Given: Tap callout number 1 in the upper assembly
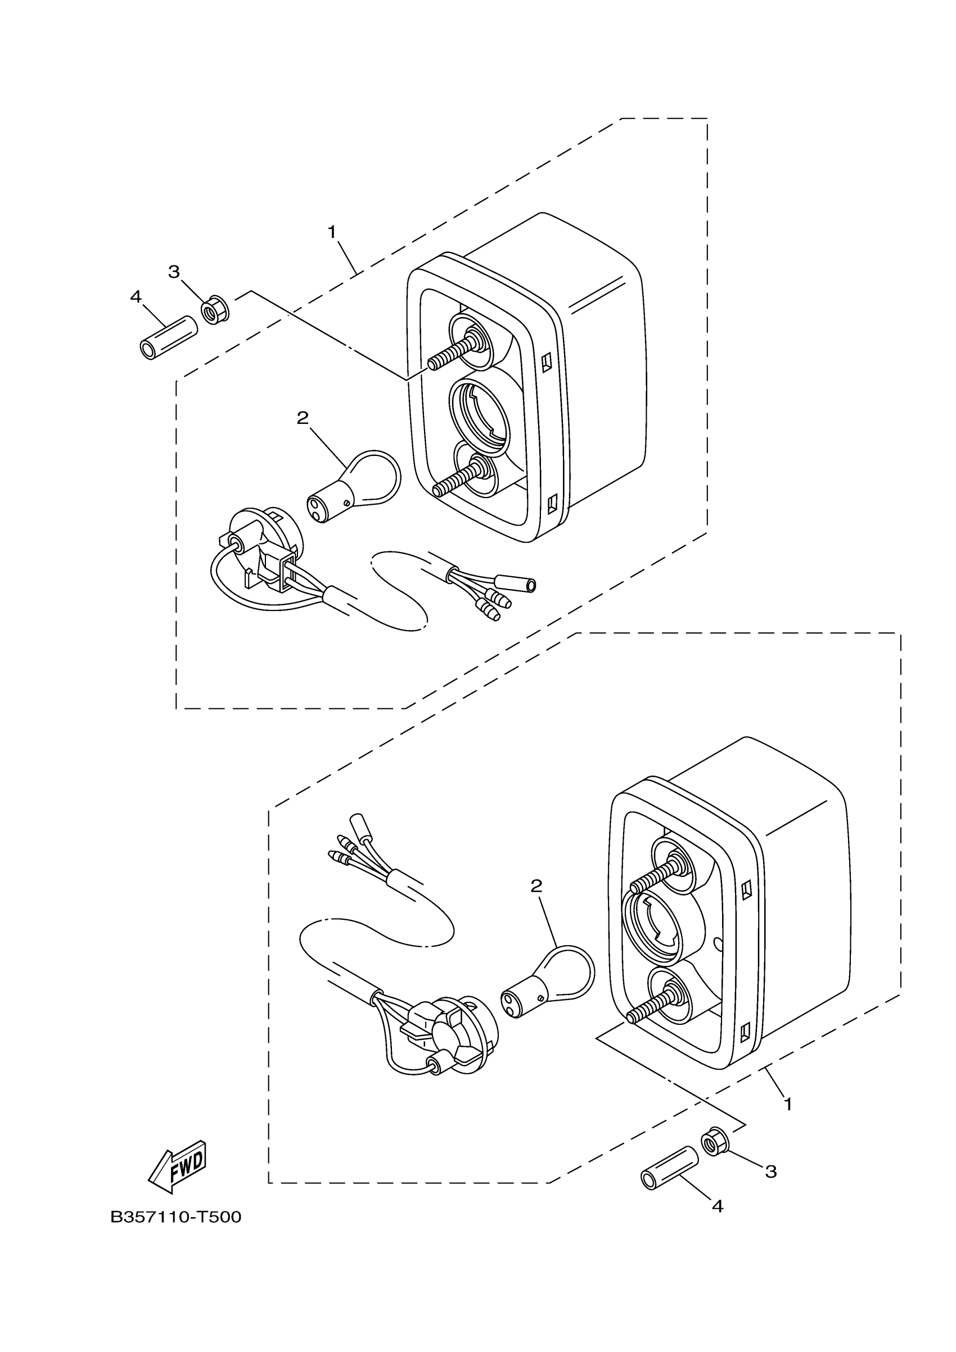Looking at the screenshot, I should pyautogui.click(x=332, y=232).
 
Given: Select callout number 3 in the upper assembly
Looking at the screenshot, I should pyautogui.click(x=174, y=272).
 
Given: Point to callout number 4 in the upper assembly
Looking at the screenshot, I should pyautogui.click(x=136, y=296).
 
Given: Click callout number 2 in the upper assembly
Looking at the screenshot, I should pyautogui.click(x=302, y=418).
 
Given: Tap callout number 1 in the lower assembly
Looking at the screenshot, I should pyautogui.click(x=787, y=1104).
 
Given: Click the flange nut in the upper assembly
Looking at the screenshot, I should pyautogui.click(x=215, y=311).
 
